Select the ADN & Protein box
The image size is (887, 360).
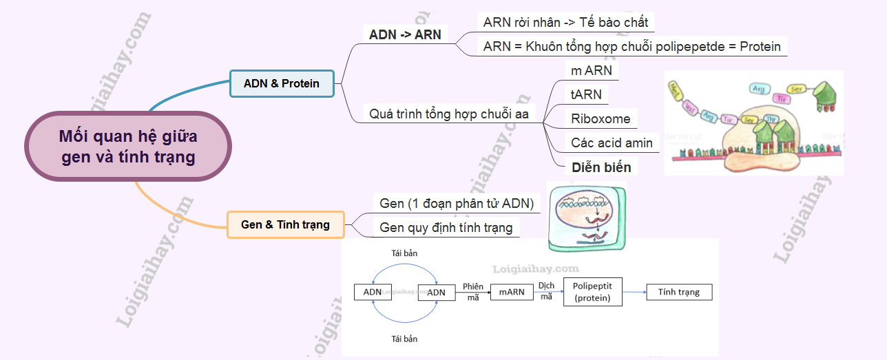click(282, 83)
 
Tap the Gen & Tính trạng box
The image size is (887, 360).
click(285, 224)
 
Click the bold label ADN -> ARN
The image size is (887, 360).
click(405, 34)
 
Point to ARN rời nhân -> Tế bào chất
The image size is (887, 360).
click(565, 22)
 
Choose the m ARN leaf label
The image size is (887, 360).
click(591, 70)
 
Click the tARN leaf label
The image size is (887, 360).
click(586, 94)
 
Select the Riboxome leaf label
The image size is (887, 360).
click(601, 118)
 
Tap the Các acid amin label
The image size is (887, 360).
click(612, 142)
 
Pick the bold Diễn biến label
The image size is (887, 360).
click(601, 167)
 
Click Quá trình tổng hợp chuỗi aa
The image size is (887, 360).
click(448, 114)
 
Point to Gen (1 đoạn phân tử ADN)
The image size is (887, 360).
click(457, 203)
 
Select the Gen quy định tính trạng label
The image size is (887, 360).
click(446, 227)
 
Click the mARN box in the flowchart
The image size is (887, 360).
click(512, 292)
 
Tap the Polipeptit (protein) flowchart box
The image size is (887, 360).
click(592, 292)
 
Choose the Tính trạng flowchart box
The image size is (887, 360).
click(678, 292)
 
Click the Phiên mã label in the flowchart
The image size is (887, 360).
click(473, 291)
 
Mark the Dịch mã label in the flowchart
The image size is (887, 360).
click(546, 290)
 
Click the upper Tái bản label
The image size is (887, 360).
click(404, 253)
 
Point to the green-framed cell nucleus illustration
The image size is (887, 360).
click(586, 216)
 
